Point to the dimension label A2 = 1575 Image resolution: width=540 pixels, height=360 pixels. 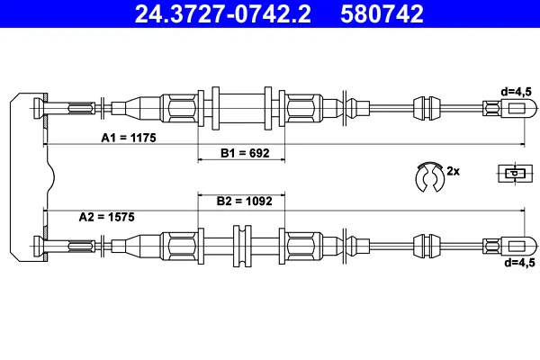tap(107, 217)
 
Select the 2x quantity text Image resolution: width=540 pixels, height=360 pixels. tap(454, 170)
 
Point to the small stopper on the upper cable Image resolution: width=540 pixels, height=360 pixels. tap(423, 108)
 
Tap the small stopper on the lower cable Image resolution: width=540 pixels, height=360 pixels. tap(423, 245)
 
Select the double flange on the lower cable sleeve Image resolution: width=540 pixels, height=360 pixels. tap(241, 245)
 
